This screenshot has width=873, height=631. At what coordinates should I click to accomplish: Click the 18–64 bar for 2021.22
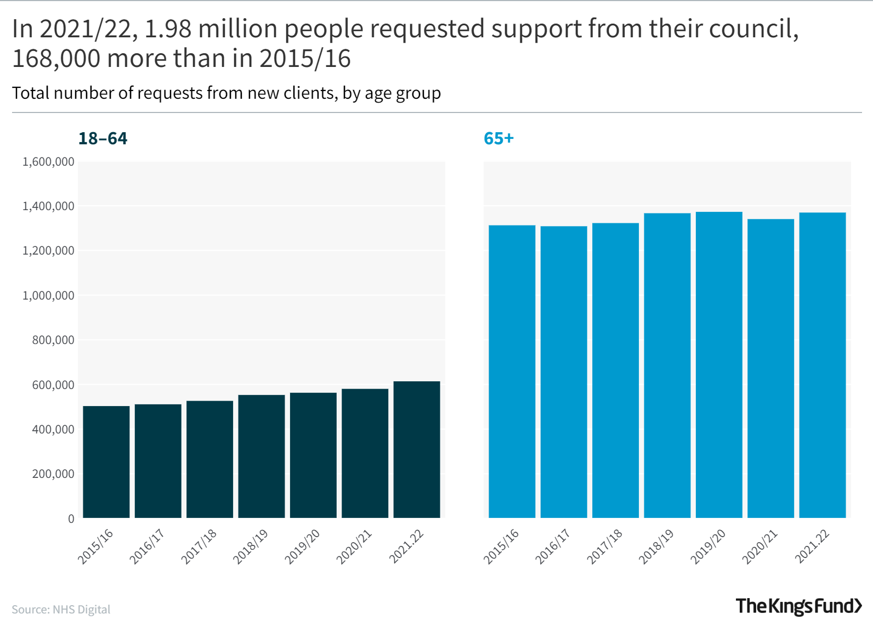[417, 450]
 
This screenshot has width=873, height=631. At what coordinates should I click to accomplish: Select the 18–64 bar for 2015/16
[106, 462]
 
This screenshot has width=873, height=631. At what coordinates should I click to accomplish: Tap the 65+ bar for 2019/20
[719, 365]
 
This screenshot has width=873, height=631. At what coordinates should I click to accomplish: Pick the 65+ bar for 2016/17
[564, 372]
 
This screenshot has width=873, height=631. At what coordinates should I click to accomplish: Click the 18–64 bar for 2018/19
[262, 457]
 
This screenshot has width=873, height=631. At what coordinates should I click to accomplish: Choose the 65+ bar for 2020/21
[770, 369]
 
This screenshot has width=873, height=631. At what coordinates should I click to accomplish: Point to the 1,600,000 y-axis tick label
[48, 162]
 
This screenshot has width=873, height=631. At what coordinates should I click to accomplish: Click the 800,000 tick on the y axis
[53, 340]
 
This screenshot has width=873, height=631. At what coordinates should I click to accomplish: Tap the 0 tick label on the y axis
[71, 519]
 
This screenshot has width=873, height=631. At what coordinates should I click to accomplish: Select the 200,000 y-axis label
[53, 474]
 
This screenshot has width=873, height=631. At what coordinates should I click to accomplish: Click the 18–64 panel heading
[103, 138]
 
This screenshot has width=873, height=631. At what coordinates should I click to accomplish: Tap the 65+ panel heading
[498, 138]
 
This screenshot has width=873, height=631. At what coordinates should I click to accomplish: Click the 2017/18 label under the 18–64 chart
[199, 547]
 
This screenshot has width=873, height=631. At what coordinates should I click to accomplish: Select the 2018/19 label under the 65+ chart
[656, 547]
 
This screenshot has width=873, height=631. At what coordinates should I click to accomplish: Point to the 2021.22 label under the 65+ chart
[812, 547]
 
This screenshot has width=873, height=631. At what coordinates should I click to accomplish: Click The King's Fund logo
[798, 606]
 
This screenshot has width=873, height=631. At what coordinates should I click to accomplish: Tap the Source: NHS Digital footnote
[61, 610]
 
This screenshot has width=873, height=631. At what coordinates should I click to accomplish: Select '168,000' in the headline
[56, 59]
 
